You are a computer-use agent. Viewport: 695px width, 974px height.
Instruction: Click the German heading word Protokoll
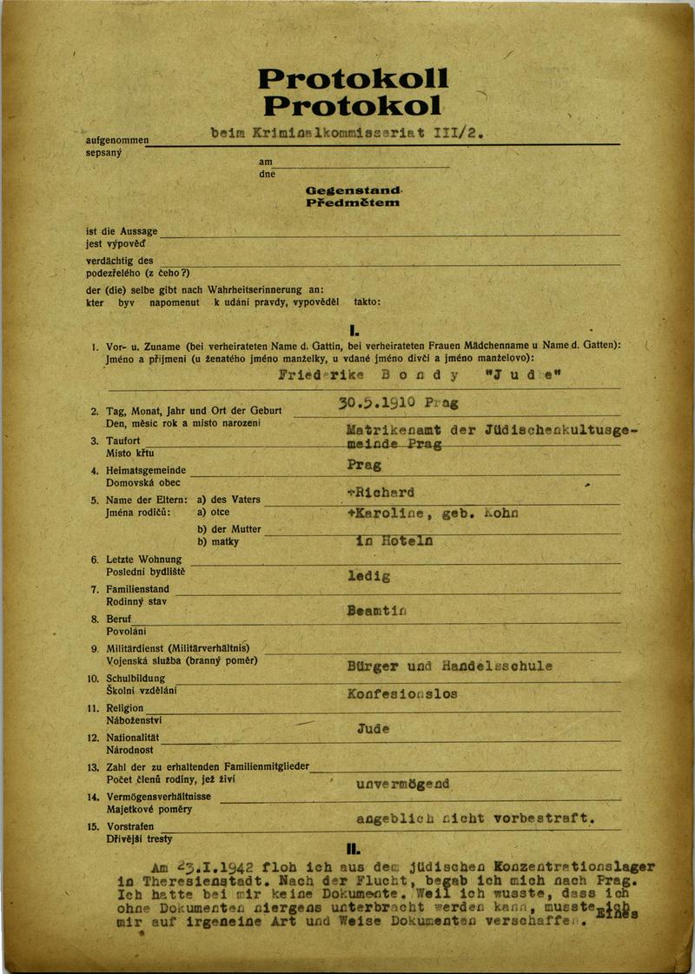pyautogui.click(x=354, y=79)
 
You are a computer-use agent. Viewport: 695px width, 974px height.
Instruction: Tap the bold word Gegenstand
pyautogui.click(x=353, y=189)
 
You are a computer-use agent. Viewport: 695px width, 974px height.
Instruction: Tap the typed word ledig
pyautogui.click(x=368, y=575)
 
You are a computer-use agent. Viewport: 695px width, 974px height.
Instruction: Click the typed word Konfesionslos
pyautogui.click(x=401, y=694)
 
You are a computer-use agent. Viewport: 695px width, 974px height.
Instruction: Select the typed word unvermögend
pyautogui.click(x=403, y=784)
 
